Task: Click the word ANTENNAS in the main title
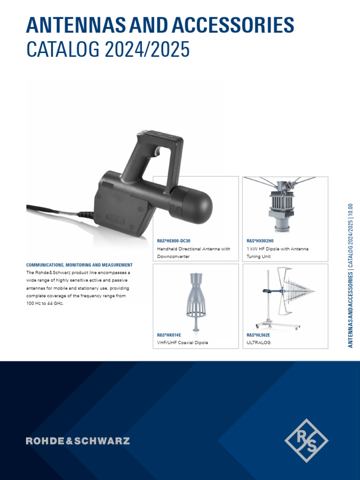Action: coord(75,25)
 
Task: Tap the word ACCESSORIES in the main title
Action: coord(233,25)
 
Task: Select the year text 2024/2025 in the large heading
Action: coord(147,49)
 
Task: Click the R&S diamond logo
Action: coord(306,440)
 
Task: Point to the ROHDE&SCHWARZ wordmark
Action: coord(78,441)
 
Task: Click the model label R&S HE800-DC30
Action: coord(173,241)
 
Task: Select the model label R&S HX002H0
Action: coord(260,241)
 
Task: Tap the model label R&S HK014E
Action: coord(169,335)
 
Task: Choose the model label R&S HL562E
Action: coord(258,335)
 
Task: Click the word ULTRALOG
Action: coord(259,343)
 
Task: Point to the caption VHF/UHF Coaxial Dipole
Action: coord(182,343)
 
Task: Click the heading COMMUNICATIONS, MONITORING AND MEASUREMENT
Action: coord(79,265)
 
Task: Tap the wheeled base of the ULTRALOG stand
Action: coord(277,324)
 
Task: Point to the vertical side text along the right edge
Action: coord(351,276)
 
